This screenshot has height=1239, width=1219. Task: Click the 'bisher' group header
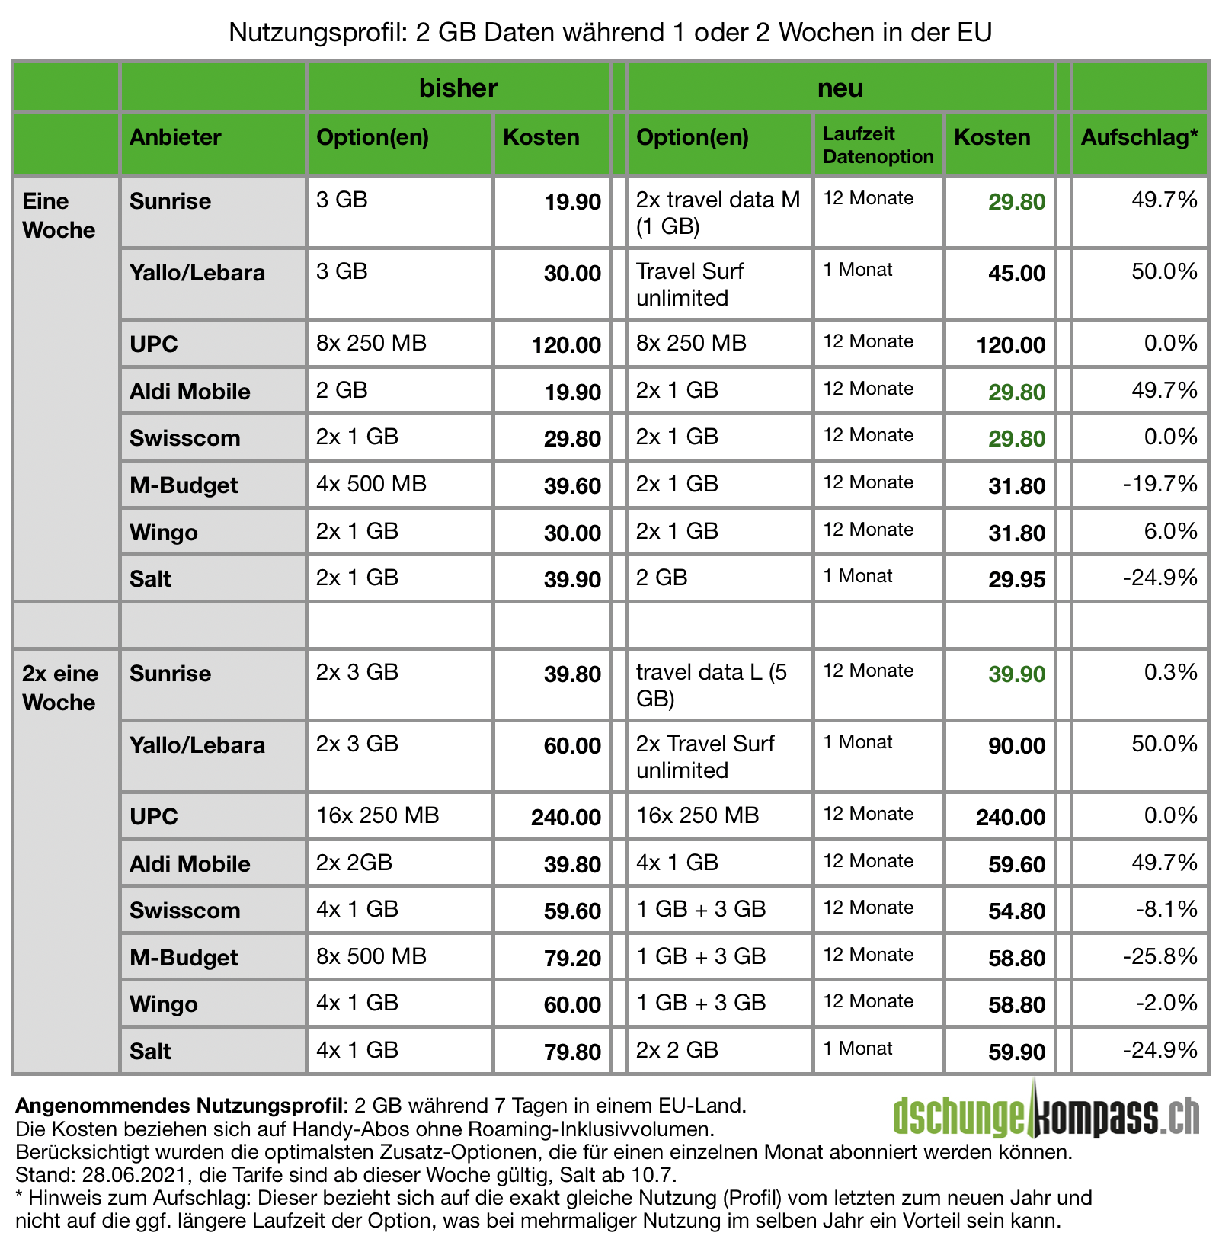point(458,88)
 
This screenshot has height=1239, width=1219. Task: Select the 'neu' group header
point(840,88)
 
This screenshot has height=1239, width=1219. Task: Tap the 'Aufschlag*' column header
point(1139,137)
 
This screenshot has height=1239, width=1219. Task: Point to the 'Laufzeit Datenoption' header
point(878,145)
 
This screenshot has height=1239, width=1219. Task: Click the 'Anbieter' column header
point(175,137)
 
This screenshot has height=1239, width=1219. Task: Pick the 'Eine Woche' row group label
point(59,216)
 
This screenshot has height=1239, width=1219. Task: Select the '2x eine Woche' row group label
point(60,687)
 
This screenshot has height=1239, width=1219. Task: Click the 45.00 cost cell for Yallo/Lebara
point(1016,274)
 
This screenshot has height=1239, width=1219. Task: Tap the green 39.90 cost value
point(1016,674)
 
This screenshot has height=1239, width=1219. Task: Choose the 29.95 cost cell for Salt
point(1016,580)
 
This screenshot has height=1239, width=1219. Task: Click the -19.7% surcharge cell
point(1160,484)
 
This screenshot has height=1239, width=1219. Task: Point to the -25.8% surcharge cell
point(1160,956)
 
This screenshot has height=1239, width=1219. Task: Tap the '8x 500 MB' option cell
point(372,956)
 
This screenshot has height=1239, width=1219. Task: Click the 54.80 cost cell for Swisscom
point(1016,911)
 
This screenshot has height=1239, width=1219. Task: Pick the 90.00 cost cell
point(1016,746)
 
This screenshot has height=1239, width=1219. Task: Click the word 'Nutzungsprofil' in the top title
point(319,33)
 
